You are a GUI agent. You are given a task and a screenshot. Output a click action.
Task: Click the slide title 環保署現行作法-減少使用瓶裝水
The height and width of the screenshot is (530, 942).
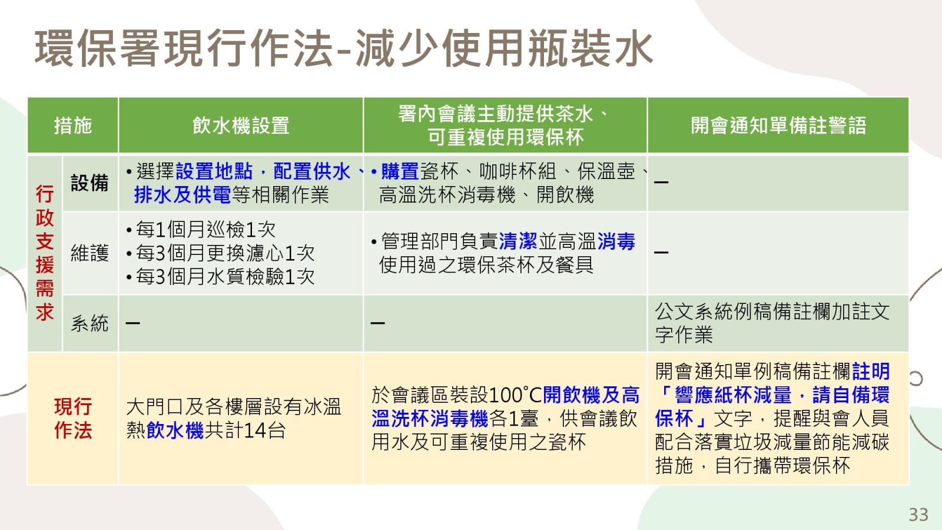[344, 48]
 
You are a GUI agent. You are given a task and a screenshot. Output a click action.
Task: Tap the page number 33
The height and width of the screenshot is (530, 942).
[918, 515]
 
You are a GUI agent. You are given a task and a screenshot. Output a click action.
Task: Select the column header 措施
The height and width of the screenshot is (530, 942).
[73, 125]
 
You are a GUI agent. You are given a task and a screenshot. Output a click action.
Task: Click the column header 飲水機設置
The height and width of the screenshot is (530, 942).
[241, 125]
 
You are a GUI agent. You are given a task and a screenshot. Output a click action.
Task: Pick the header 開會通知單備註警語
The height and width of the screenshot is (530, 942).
[778, 125]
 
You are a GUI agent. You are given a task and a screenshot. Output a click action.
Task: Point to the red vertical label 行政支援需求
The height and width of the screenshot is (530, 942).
[45, 253]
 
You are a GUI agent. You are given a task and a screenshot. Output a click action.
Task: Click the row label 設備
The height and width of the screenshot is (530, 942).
[89, 183]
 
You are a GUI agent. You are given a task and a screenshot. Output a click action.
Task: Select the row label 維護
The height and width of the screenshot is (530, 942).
[89, 253]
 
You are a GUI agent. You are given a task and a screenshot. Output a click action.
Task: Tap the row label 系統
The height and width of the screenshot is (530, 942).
[89, 323]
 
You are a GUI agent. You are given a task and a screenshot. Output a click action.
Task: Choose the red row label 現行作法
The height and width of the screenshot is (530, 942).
[73, 419]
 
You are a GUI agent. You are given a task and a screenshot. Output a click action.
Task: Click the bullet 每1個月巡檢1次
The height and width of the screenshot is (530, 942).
[201, 230]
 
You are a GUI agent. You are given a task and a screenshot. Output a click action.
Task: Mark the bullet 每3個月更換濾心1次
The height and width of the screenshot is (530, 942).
[220, 253]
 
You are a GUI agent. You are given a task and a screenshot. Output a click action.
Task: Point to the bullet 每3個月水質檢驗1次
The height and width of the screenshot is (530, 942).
[220, 277]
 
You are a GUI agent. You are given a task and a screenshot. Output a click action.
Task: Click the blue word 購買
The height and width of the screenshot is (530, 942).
[400, 171]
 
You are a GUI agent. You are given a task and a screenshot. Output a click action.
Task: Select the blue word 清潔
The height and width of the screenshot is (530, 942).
[518, 241]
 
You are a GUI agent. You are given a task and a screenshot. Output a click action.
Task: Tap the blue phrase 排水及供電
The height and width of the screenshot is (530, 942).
[183, 195]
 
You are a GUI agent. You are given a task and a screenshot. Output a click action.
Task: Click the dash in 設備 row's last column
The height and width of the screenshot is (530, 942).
[661, 182]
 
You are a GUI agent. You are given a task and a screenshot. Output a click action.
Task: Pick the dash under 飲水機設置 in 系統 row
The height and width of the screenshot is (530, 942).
[132, 323]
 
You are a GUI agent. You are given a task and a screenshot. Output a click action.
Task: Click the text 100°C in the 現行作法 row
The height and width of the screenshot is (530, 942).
[516, 395]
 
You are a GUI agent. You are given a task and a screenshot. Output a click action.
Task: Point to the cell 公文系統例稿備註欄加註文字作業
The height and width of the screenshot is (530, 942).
[772, 323]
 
